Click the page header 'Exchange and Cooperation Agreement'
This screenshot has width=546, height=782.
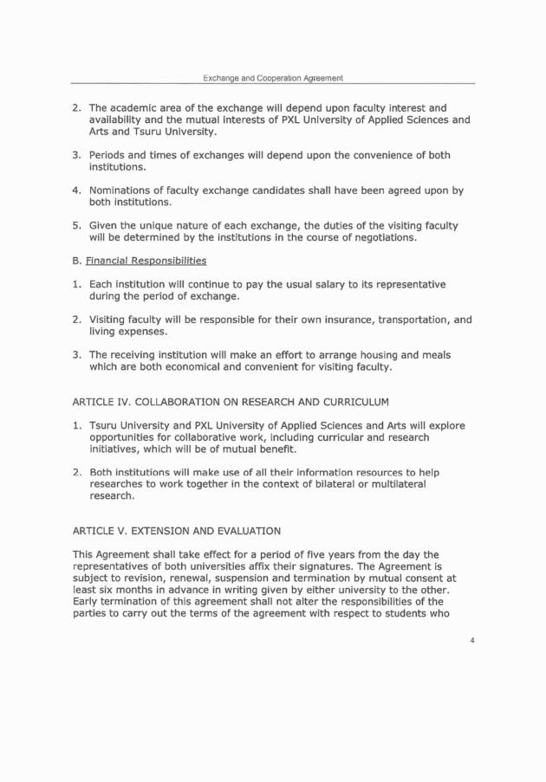273,78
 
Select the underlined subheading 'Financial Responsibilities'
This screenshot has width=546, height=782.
151,259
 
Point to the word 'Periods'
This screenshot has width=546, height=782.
109,155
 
